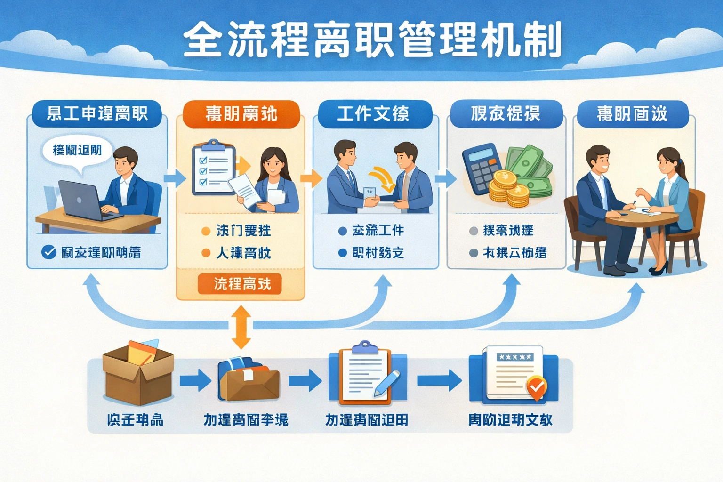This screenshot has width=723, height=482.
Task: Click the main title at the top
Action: [x=372, y=40]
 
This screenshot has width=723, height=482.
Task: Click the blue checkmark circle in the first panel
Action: [x=49, y=252]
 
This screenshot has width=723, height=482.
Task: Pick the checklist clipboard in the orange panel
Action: [x=213, y=168]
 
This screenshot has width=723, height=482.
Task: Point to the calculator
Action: [x=481, y=168]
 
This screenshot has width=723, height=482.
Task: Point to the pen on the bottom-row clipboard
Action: [x=387, y=382]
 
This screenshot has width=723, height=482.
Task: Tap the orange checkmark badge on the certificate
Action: [x=536, y=388]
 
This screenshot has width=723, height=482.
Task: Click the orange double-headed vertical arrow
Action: [x=241, y=327]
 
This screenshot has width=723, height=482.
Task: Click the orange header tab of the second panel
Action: [x=241, y=114]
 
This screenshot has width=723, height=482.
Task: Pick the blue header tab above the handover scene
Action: [x=375, y=114]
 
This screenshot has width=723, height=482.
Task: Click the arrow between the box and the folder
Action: [x=195, y=380]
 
